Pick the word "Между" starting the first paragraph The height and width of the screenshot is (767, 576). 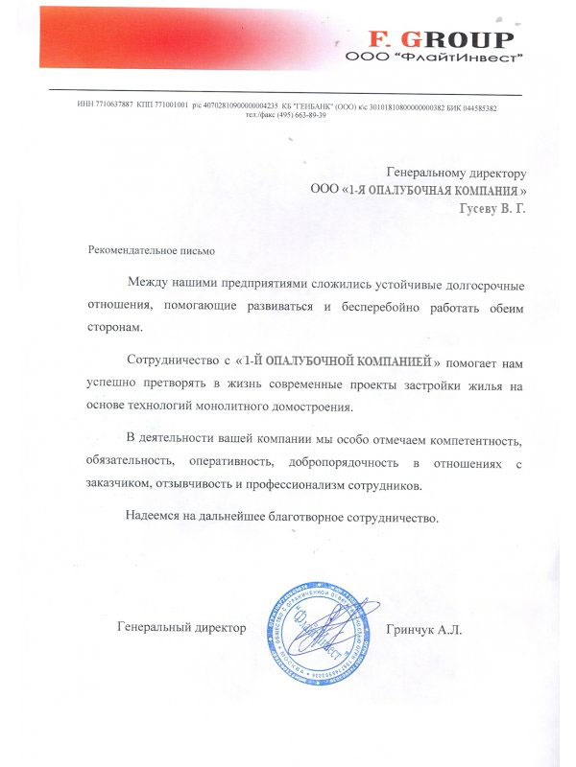(x=145, y=285)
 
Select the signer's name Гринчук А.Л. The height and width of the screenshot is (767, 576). (x=421, y=629)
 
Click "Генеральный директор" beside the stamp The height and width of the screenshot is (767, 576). (x=180, y=629)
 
